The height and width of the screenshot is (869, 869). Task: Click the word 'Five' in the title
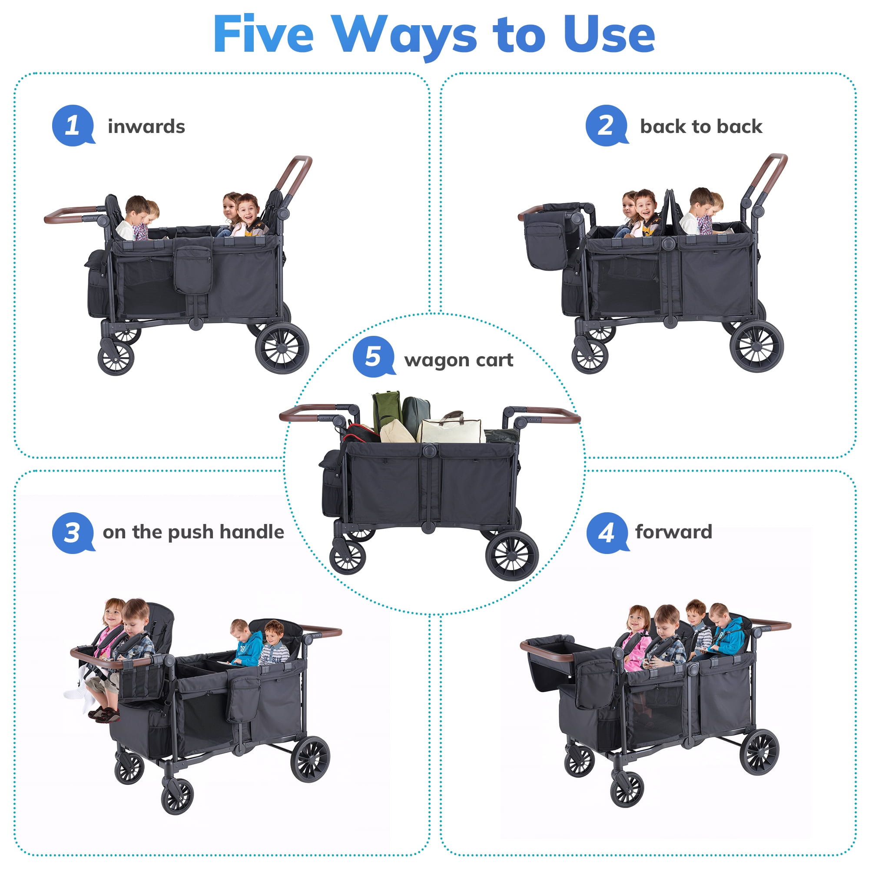263,35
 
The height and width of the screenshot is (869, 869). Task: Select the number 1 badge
73,126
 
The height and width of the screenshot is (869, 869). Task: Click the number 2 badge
606,126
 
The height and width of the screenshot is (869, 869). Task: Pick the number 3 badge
73,533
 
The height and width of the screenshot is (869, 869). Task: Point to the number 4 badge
607,533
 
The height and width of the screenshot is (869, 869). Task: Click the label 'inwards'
146,126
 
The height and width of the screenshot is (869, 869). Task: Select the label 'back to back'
701,126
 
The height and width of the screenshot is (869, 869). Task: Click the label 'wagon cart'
458,360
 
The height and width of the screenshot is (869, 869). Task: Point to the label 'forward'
673,532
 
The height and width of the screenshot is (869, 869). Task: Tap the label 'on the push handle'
193,532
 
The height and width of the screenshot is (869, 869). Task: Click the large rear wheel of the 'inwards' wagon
282,348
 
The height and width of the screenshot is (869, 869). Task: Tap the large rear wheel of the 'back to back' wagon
756,346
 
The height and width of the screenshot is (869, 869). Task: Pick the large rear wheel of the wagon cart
512,555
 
